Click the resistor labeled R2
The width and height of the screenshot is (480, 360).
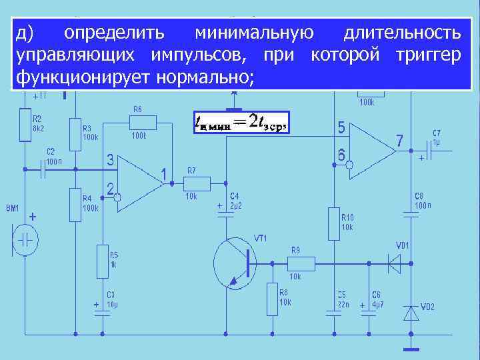(25, 123)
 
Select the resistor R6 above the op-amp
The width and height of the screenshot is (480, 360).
(143, 122)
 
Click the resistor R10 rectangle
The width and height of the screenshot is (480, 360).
(333, 223)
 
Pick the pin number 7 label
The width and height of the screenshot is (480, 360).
(399, 141)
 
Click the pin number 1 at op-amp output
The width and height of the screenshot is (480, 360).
(163, 174)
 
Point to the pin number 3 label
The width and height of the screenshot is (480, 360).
(110, 160)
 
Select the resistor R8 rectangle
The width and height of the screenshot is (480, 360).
(272, 299)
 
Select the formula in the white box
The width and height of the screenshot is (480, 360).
(239, 121)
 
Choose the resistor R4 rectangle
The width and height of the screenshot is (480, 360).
(75, 204)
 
